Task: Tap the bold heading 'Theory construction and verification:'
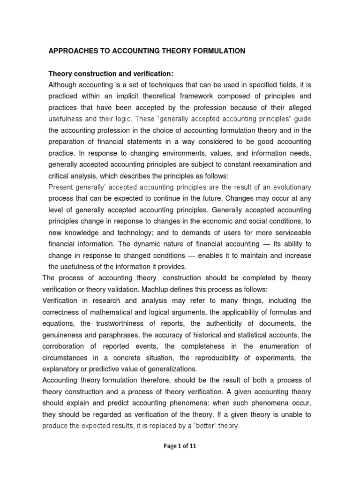[111, 74]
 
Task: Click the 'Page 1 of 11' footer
[180, 446]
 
